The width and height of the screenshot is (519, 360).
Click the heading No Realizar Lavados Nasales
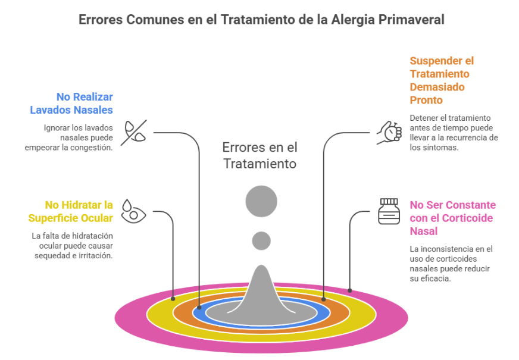pyautogui.click(x=72, y=103)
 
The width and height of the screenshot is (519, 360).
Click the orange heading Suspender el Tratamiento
pyautogui.click(x=442, y=80)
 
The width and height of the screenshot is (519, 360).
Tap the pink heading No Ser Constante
pyautogui.click(x=452, y=218)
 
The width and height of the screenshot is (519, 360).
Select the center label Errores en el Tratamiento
pyautogui.click(x=259, y=155)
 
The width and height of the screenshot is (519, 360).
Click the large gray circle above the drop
pyautogui.click(x=261, y=201)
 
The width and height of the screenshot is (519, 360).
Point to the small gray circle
pyautogui.click(x=261, y=240)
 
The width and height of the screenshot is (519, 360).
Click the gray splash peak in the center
pyautogui.click(x=261, y=286)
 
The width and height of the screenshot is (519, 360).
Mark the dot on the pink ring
pyautogui.click(x=350, y=291)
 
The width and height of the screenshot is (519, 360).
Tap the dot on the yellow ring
pyautogui.click(x=173, y=298)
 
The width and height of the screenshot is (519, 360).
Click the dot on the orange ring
pyautogui.click(x=324, y=299)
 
